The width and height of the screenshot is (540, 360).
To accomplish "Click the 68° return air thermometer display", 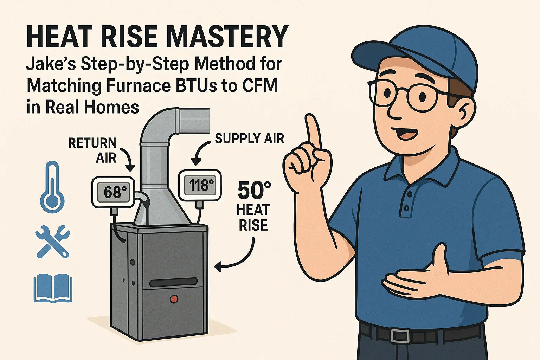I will point(113,192).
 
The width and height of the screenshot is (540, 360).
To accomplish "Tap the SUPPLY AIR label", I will point(249,139).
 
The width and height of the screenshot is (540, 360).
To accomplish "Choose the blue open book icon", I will point(53,288).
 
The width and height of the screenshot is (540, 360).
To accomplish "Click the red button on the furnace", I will point(174,299).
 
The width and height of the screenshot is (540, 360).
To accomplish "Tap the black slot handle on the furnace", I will point(173,282).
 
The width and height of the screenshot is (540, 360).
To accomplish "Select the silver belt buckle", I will point(400,335).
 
